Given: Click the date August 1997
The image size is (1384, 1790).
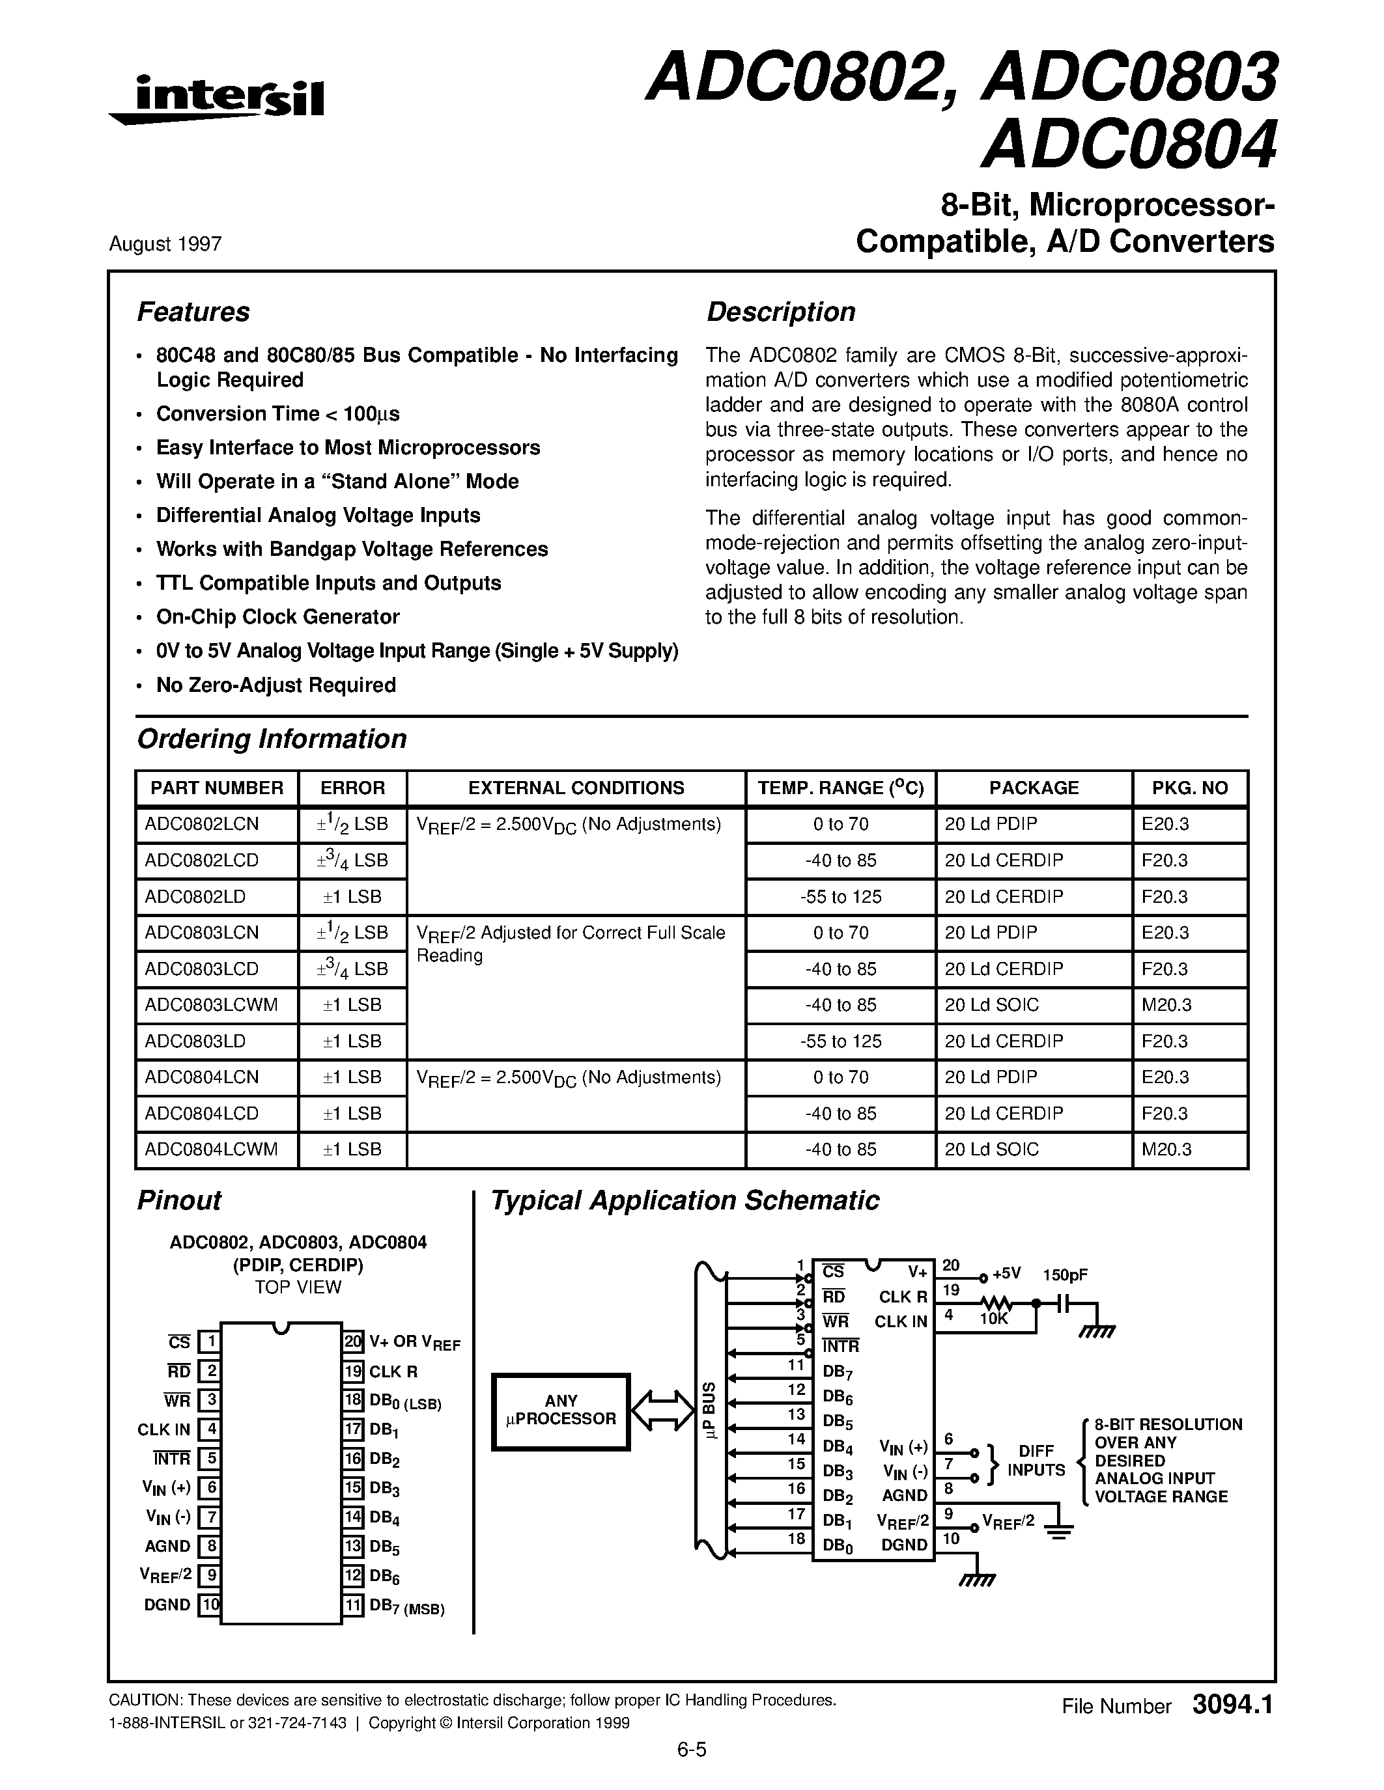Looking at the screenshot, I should click(165, 244).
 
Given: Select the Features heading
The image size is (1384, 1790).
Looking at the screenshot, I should click(193, 312).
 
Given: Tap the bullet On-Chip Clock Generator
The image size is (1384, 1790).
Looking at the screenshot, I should click(278, 617).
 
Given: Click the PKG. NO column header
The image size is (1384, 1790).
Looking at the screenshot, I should click(1190, 788).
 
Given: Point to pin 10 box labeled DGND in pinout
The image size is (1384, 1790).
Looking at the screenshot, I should click(210, 1604).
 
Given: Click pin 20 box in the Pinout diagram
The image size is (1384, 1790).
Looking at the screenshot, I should click(352, 1342).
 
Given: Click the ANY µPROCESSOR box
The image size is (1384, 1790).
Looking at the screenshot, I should click(561, 1411).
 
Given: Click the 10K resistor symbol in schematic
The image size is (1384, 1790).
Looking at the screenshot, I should click(997, 1302).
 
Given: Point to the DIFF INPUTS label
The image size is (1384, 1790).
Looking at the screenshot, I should click(1036, 1461).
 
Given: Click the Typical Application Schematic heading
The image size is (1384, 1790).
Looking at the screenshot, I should click(685, 1201).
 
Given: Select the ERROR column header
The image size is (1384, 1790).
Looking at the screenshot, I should click(352, 788).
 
